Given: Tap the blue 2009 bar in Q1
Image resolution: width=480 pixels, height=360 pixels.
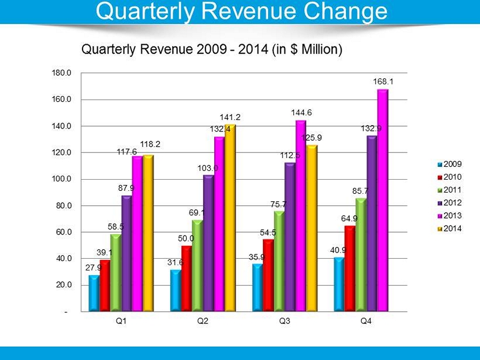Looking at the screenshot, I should pyautogui.click(x=94, y=293).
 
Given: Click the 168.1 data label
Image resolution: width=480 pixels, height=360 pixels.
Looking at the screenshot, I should pyautogui.click(x=381, y=83).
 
